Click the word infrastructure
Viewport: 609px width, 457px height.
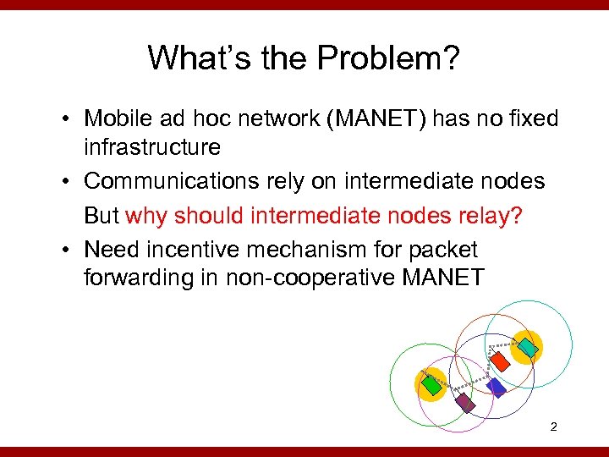(151, 147)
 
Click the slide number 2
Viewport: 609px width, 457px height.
(553, 427)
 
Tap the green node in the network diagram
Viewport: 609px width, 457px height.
(432, 385)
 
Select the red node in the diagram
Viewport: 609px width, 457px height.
(501, 361)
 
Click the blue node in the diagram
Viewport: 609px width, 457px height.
(496, 388)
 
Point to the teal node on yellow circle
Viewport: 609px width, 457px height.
(527, 346)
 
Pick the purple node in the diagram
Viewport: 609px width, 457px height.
(465, 402)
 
